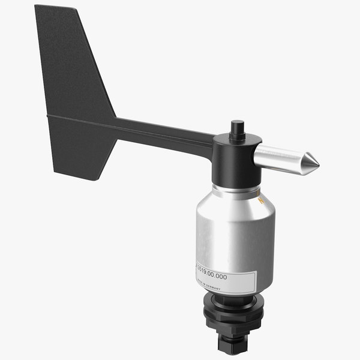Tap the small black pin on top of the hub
pyautogui.click(x=238, y=128)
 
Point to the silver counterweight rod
pyautogui.click(x=282, y=158)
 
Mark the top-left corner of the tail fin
pyautogui.click(x=36, y=7)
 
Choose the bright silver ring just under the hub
pyautogui.click(x=236, y=188)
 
